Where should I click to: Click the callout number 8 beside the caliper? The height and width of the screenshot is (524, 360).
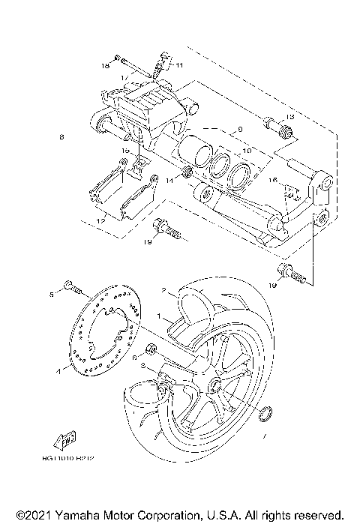click(61, 137)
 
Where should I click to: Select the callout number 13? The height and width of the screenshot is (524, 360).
click(291, 118)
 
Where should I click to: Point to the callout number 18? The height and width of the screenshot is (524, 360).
click(106, 67)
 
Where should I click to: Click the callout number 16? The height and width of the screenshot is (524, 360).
click(274, 180)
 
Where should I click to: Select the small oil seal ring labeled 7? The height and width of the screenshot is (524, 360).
click(263, 413)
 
